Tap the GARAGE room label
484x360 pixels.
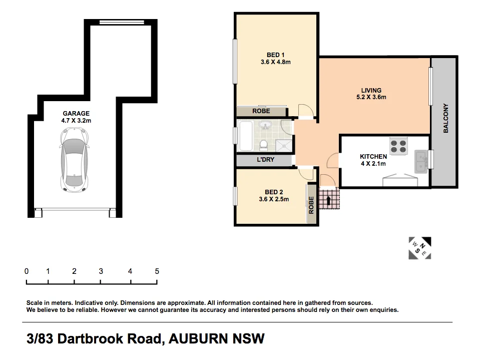tap(76, 114)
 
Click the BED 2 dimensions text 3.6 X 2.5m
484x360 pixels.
tap(274, 199)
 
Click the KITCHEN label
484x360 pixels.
tap(373, 157)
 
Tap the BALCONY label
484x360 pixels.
tap(445, 118)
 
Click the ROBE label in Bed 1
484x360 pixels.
tap(261, 111)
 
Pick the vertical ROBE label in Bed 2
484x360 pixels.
tap(311, 205)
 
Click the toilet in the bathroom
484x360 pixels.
tap(263, 144)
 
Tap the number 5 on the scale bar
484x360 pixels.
tap(157, 271)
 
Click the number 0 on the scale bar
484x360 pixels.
tap(27, 271)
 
